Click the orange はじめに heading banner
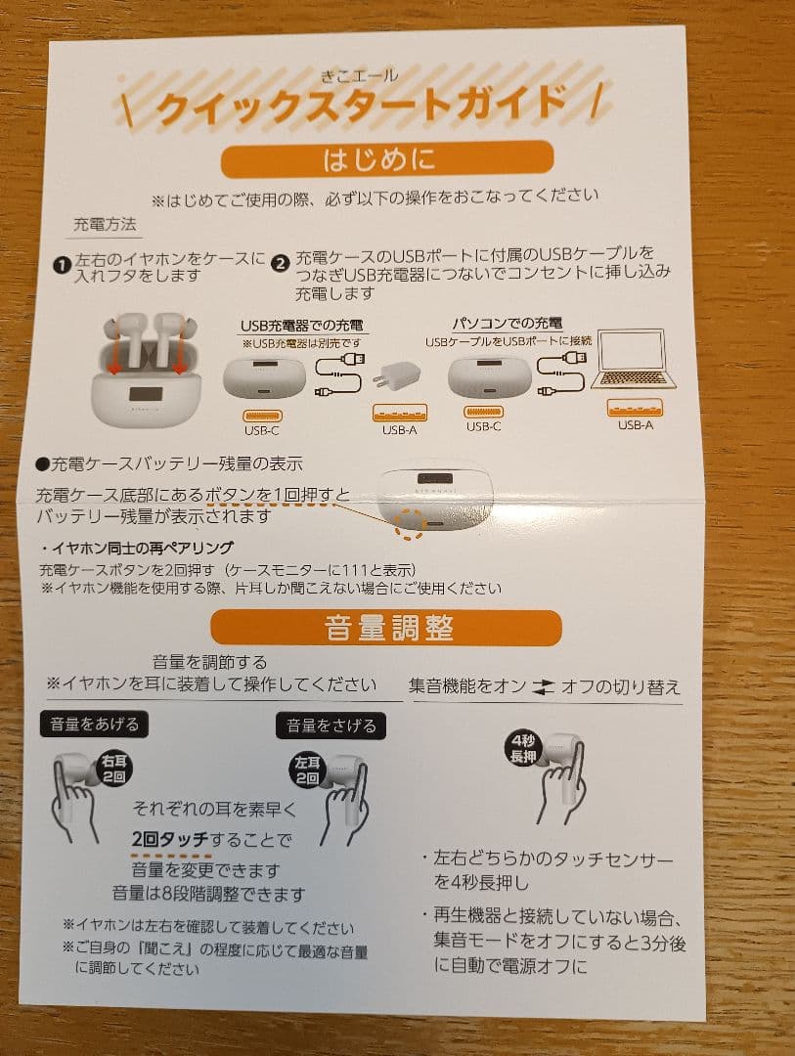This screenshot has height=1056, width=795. click(386, 157)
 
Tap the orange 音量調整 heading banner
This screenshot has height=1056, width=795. click(386, 628)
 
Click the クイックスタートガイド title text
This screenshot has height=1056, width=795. click(361, 105)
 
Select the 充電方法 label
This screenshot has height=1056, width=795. click(106, 225)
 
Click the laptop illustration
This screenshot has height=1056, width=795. click(632, 361)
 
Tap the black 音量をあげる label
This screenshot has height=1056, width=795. click(95, 724)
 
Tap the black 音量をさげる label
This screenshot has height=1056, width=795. click(330, 725)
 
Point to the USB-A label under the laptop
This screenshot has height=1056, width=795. click(635, 425)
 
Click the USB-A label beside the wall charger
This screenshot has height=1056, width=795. click(399, 429)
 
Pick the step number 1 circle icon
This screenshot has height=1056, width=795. click(61, 263)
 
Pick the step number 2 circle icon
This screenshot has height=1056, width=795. click(280, 262)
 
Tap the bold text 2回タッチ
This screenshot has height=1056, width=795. click(172, 839)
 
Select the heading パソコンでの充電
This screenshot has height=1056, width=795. click(507, 323)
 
